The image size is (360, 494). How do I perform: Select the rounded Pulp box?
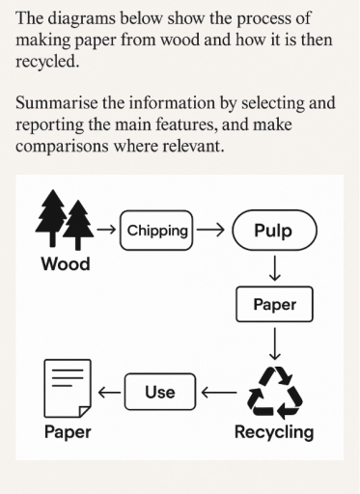coord(273,232)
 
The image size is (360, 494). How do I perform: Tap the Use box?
coord(159,391)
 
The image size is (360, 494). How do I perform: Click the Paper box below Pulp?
coord(274,305)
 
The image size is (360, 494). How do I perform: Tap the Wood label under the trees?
coord(65,264)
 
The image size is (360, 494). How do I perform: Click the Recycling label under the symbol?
coord(274,431)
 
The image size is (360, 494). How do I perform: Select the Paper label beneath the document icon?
coord(68,431)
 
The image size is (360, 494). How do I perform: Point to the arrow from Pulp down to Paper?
coord(274,268)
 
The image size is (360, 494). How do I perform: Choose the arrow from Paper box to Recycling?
coord(274,342)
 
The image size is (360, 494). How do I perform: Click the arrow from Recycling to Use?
coord(217,392)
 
